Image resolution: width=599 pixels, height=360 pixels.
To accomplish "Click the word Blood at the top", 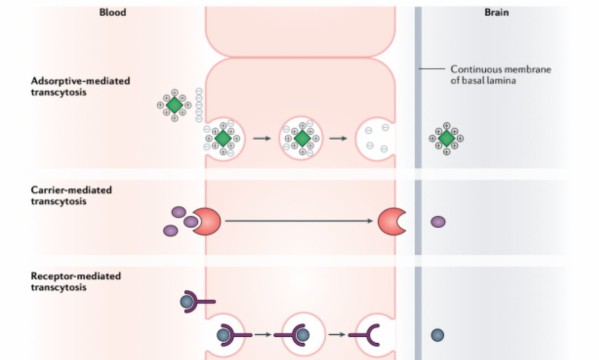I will pos(113,12).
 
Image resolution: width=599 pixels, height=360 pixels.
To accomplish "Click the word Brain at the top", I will pos(496,12).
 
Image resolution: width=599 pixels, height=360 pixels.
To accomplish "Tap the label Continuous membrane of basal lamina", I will pos(500,74).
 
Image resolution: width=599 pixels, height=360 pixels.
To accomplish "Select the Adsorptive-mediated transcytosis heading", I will pos(80,86).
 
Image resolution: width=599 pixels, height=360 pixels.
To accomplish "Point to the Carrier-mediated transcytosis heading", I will pos(71,195).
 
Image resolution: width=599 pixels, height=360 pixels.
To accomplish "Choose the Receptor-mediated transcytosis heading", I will pos(76,281).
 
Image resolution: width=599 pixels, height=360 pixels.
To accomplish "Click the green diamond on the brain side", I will pos(447,138).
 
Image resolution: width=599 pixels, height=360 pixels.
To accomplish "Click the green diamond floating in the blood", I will pos(174,104).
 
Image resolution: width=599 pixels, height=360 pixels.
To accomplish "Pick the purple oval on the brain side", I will pos(438,222).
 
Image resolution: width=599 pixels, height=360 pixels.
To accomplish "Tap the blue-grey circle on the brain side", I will pos(438,335).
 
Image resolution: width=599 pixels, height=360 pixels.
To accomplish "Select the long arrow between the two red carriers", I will pos(299,221).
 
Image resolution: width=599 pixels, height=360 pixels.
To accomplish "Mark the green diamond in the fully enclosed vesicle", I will pos(302,138).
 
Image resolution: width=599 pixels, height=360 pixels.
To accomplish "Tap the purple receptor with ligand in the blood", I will pos(195,302).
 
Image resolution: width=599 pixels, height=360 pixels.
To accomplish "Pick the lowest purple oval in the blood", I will pos(171,230).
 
